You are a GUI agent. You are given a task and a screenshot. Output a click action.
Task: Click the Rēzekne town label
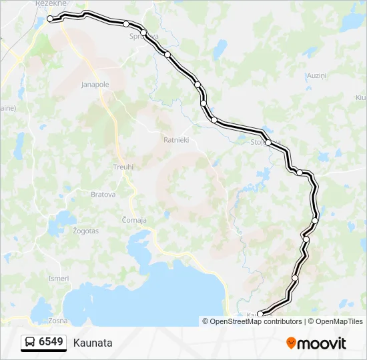(48, 4)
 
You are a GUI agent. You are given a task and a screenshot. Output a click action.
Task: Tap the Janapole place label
(95, 85)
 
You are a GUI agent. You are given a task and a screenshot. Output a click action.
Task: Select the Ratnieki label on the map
(177, 140)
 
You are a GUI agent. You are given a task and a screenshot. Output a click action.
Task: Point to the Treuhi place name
(123, 167)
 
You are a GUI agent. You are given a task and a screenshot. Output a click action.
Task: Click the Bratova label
(103, 195)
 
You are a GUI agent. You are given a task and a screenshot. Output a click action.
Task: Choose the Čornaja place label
(134, 220)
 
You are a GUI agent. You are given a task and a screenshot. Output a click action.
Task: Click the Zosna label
(58, 321)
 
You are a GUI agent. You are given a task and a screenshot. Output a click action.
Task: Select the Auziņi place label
(315, 75)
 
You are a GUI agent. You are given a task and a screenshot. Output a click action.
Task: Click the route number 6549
(51, 343)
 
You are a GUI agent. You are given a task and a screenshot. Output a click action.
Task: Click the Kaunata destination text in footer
(93, 343)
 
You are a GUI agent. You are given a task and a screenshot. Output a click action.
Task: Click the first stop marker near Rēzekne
(50, 19)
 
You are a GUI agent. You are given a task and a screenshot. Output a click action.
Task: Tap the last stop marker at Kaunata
(260, 314)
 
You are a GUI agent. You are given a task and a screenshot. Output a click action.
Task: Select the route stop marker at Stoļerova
(268, 143)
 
